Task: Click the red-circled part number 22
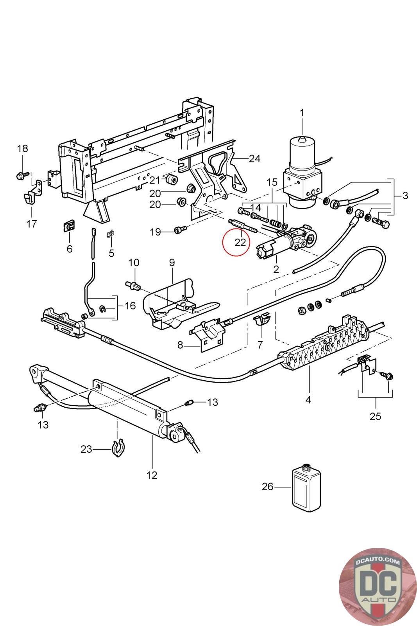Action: [x=240, y=242]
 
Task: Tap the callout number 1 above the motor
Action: [x=302, y=113]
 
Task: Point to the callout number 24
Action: [x=254, y=158]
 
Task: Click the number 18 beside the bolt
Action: [x=23, y=148]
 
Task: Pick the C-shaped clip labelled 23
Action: [x=118, y=448]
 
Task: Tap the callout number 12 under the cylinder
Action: [x=152, y=475]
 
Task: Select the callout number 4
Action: [x=308, y=400]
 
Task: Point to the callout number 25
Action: [x=375, y=416]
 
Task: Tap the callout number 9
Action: [x=172, y=263]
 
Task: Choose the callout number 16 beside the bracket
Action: [x=130, y=306]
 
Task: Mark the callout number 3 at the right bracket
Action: [x=405, y=195]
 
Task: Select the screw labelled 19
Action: [x=178, y=230]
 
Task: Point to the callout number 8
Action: [x=180, y=345]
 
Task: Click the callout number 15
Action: [x=272, y=182]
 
